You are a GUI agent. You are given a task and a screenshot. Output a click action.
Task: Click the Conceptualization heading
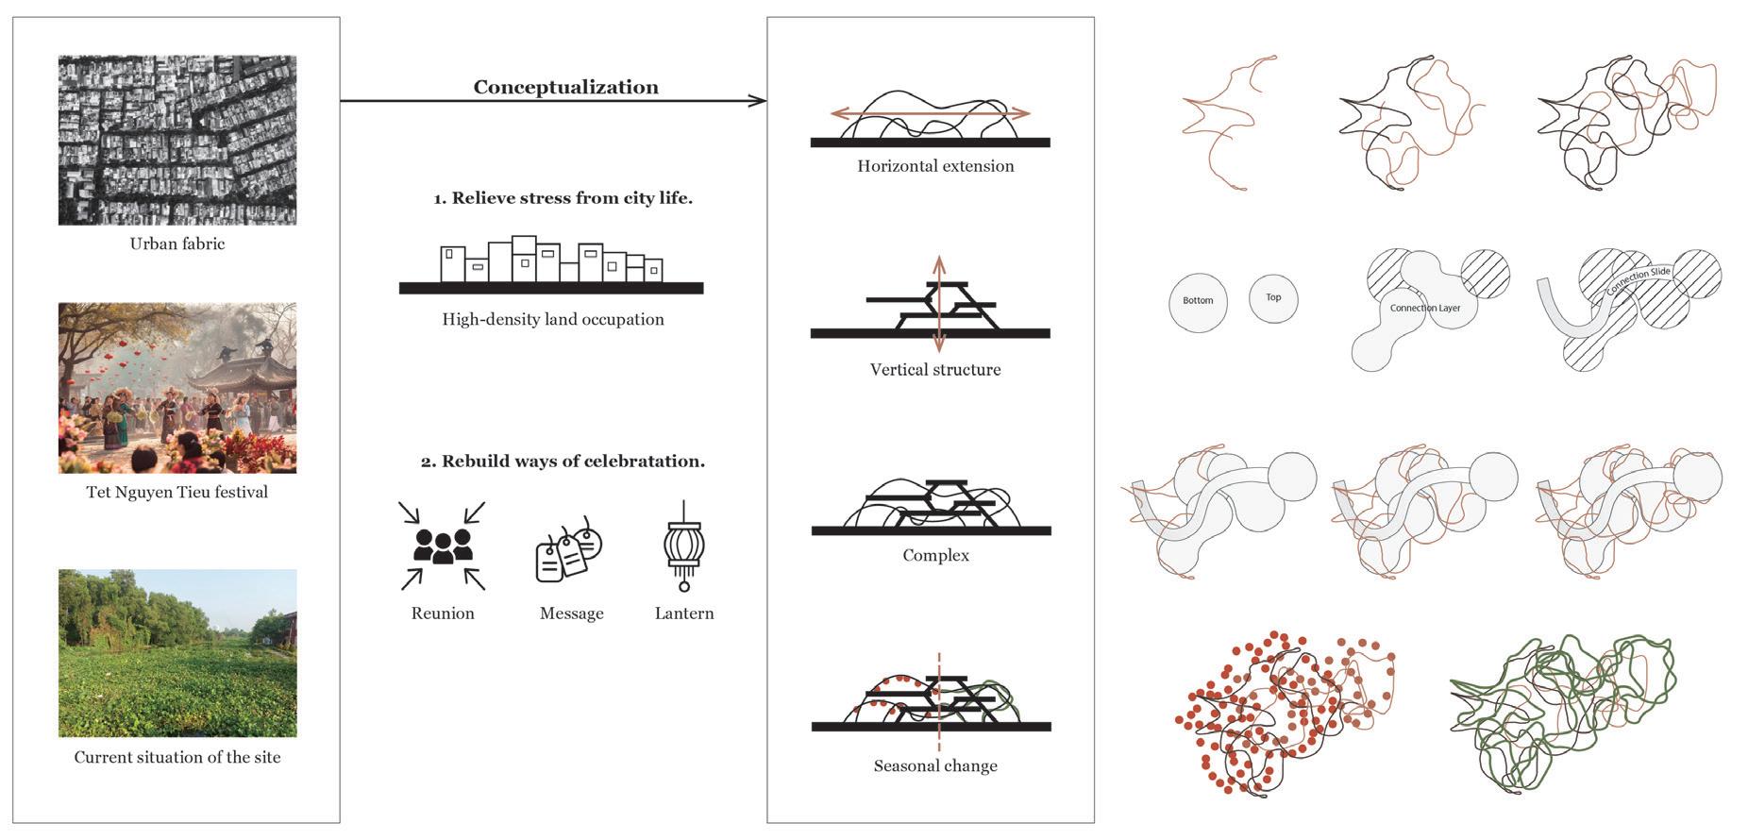[565, 87]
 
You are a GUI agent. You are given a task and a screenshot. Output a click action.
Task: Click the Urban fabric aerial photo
[177, 140]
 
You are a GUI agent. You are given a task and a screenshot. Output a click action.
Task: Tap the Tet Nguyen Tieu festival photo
[177, 388]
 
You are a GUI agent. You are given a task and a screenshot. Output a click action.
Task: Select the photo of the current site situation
[177, 653]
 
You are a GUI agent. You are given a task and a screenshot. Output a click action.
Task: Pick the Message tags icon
[569, 549]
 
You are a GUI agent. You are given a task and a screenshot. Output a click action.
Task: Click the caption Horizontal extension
[935, 166]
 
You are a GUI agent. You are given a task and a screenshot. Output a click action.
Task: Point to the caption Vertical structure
[935, 370]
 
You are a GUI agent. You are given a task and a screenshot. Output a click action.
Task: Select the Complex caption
[935, 555]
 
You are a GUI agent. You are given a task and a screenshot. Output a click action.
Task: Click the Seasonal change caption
[935, 765]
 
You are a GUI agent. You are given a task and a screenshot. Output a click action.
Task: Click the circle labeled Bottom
[1198, 301]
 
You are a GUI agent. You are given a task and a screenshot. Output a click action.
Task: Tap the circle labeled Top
[1273, 298]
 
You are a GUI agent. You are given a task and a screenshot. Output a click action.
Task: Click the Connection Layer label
[1425, 308]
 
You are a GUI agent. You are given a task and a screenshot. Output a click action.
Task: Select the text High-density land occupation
[553, 319]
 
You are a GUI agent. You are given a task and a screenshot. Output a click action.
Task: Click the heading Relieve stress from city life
[563, 198]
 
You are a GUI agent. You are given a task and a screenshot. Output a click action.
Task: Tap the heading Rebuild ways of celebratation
[563, 462]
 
